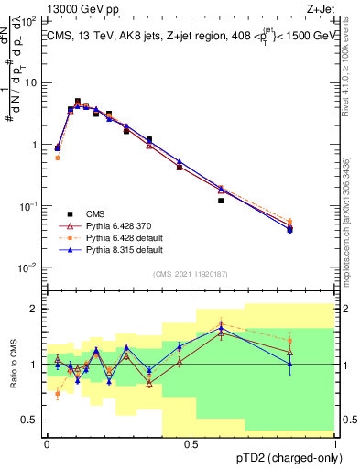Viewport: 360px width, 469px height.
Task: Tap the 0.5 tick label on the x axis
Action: coord(191,445)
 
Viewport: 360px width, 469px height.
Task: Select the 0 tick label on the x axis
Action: coord(47,445)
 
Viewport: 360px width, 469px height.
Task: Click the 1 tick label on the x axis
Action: coord(334,445)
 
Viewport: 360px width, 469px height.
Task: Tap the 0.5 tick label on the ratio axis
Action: coord(32,420)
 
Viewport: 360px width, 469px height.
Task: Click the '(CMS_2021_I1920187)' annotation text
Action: coord(190,274)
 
